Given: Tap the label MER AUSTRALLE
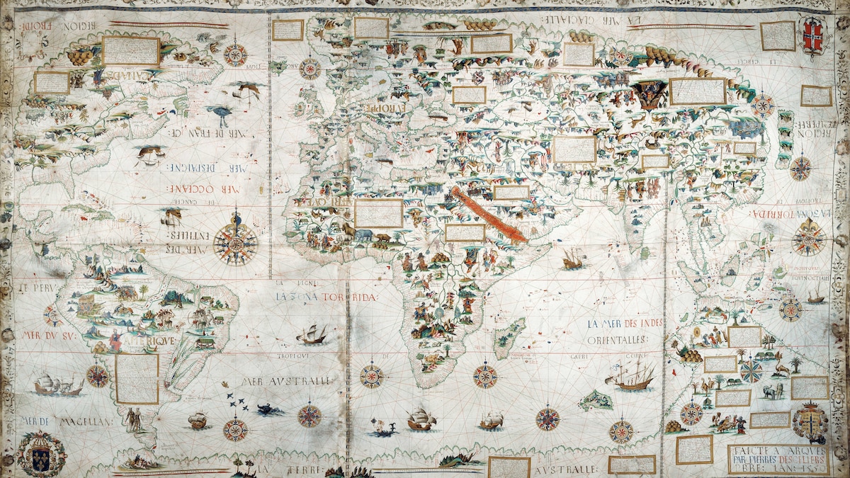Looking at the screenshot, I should click(287, 381).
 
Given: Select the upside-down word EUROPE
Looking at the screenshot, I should click(386, 107).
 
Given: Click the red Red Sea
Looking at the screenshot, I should click(489, 215).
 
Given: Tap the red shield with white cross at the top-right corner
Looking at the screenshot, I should click(813, 38).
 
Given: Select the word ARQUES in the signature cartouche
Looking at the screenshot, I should click(800, 450).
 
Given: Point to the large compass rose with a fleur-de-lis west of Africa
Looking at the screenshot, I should click(235, 244).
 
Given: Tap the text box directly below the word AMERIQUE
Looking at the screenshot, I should click(137, 378).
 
